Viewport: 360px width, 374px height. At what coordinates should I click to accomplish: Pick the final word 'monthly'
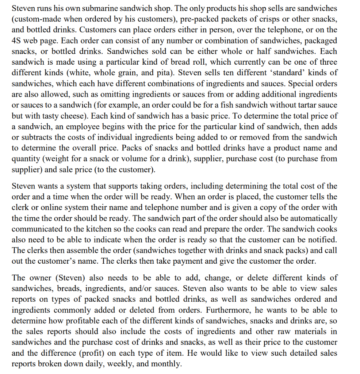tap(168, 364)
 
